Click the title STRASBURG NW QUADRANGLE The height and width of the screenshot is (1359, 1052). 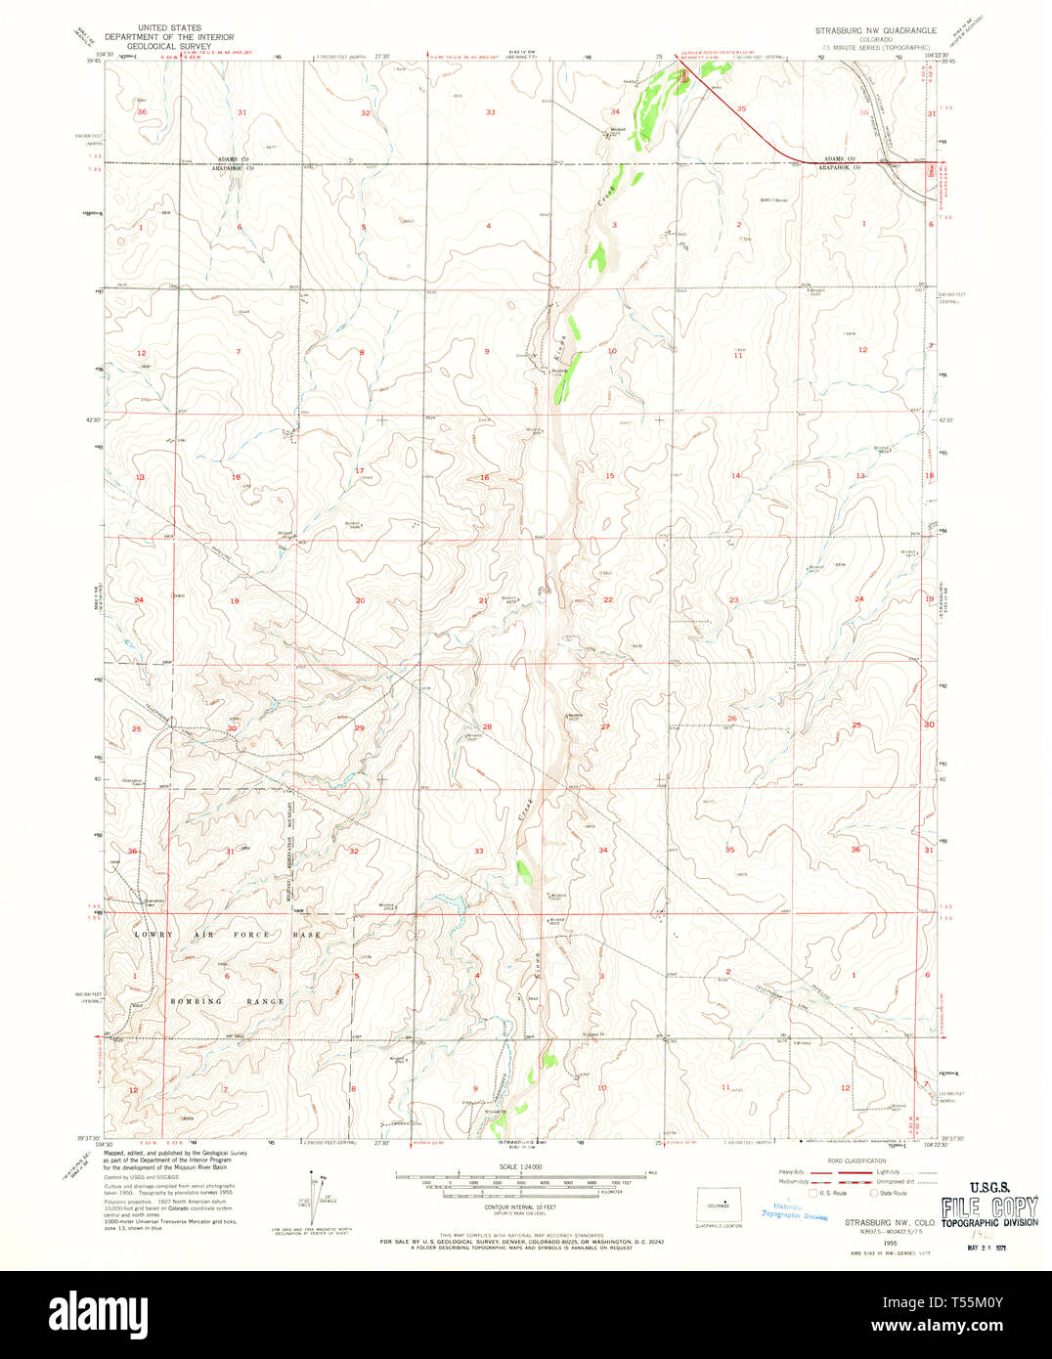[876, 30]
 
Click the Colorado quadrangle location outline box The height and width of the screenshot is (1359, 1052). [719, 1206]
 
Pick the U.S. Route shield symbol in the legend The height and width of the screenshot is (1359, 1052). [811, 1192]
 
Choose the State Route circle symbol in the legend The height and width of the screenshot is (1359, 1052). [876, 1192]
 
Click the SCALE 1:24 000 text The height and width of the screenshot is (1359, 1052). [521, 1166]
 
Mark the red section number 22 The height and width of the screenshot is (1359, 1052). [607, 599]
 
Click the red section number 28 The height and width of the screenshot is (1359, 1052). [486, 726]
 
